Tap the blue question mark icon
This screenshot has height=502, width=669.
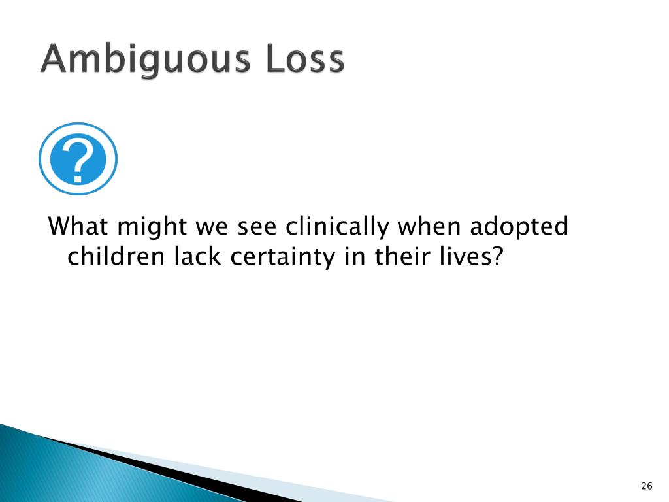(x=78, y=159)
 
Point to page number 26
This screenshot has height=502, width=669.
(x=647, y=485)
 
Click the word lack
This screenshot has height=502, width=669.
(x=194, y=257)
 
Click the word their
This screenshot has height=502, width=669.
(x=400, y=257)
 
